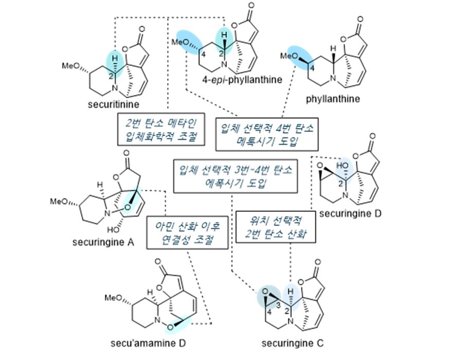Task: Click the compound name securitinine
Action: [x=109, y=106]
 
